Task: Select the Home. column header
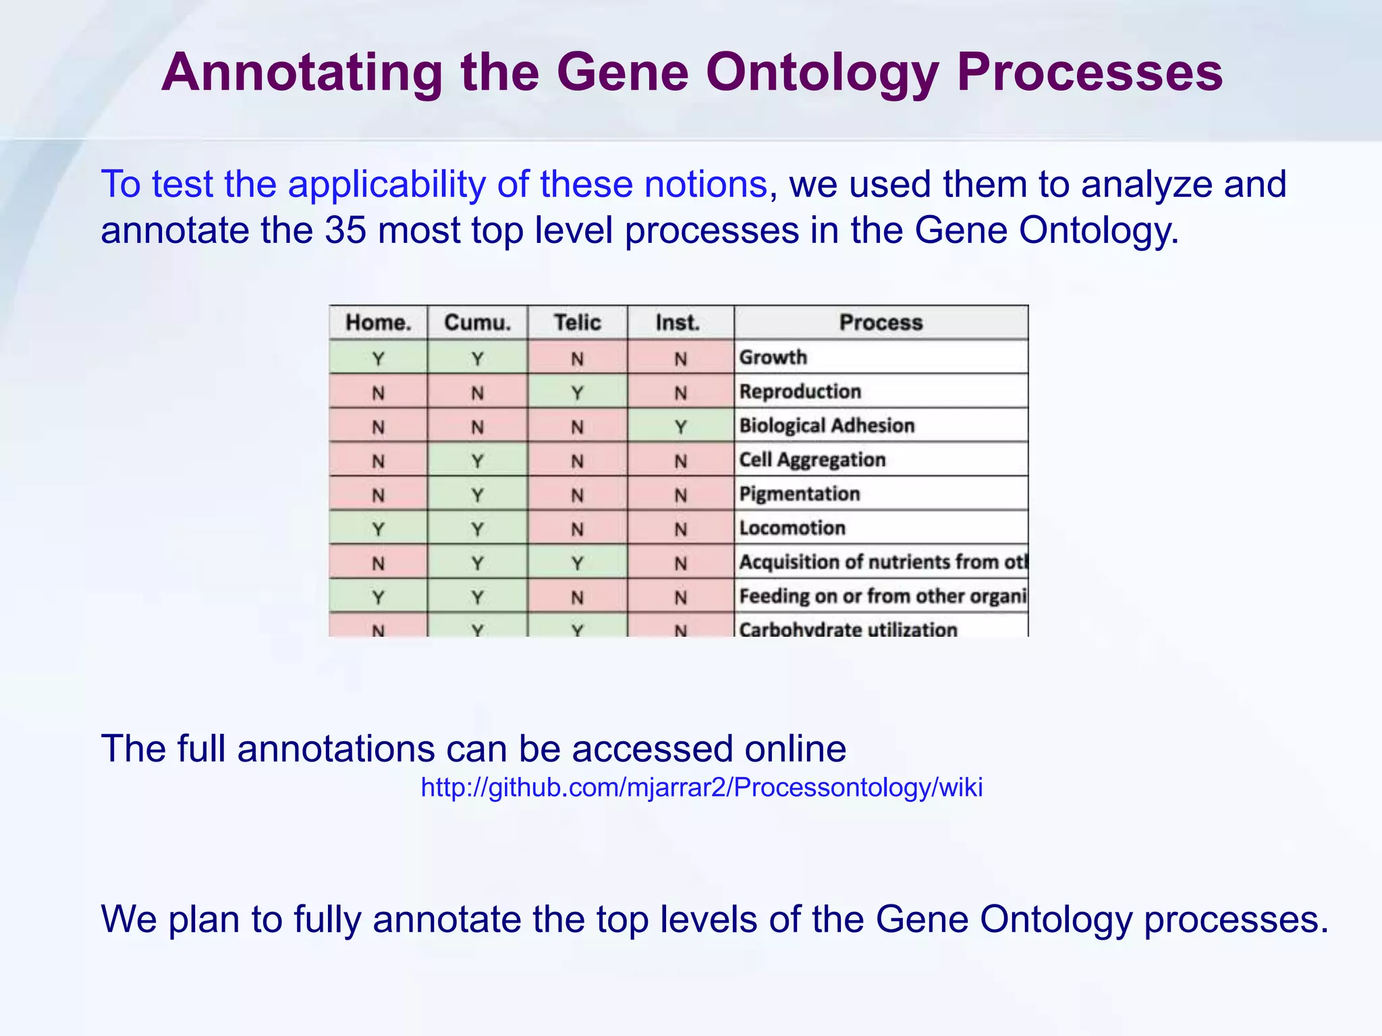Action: point(378,322)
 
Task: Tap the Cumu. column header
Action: point(477,322)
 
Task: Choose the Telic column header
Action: point(577,322)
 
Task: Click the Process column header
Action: point(881,322)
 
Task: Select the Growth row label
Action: point(773,357)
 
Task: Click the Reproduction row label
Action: point(800,391)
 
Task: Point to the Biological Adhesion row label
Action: point(827,426)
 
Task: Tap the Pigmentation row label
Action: point(800,494)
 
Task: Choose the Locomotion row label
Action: point(792,527)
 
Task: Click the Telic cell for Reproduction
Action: point(577,392)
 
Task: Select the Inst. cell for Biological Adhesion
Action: point(680,426)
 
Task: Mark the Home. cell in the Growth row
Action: point(378,357)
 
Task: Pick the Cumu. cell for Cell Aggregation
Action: point(477,461)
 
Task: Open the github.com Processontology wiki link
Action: point(701,787)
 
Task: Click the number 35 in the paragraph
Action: point(345,230)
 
